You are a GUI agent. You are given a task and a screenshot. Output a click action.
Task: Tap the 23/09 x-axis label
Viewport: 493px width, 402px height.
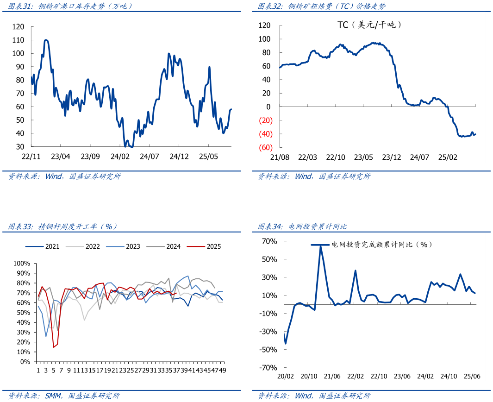[90, 157]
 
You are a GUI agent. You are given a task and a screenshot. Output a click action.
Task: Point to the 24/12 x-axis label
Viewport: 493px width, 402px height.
[179, 157]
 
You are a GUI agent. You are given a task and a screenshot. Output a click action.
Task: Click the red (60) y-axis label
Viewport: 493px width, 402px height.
[265, 148]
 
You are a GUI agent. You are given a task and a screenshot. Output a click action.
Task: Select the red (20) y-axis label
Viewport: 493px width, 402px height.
[265, 120]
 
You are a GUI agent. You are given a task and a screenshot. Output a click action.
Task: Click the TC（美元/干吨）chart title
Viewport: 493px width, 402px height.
[369, 25]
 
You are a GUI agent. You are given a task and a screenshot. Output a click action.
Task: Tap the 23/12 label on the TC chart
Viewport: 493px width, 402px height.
[392, 157]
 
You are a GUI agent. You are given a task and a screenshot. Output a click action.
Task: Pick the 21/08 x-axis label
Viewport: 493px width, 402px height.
[280, 157]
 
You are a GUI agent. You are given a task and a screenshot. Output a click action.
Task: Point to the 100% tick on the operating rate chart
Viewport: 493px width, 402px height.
[22, 263]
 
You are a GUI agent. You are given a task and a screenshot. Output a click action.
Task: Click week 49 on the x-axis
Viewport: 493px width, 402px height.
[222, 371]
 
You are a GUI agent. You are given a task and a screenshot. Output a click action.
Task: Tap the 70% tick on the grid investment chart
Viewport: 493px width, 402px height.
[269, 241]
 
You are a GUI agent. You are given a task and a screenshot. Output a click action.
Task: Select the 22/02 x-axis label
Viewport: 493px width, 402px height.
[355, 377]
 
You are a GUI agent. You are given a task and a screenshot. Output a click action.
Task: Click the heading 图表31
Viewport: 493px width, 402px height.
[19, 6]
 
